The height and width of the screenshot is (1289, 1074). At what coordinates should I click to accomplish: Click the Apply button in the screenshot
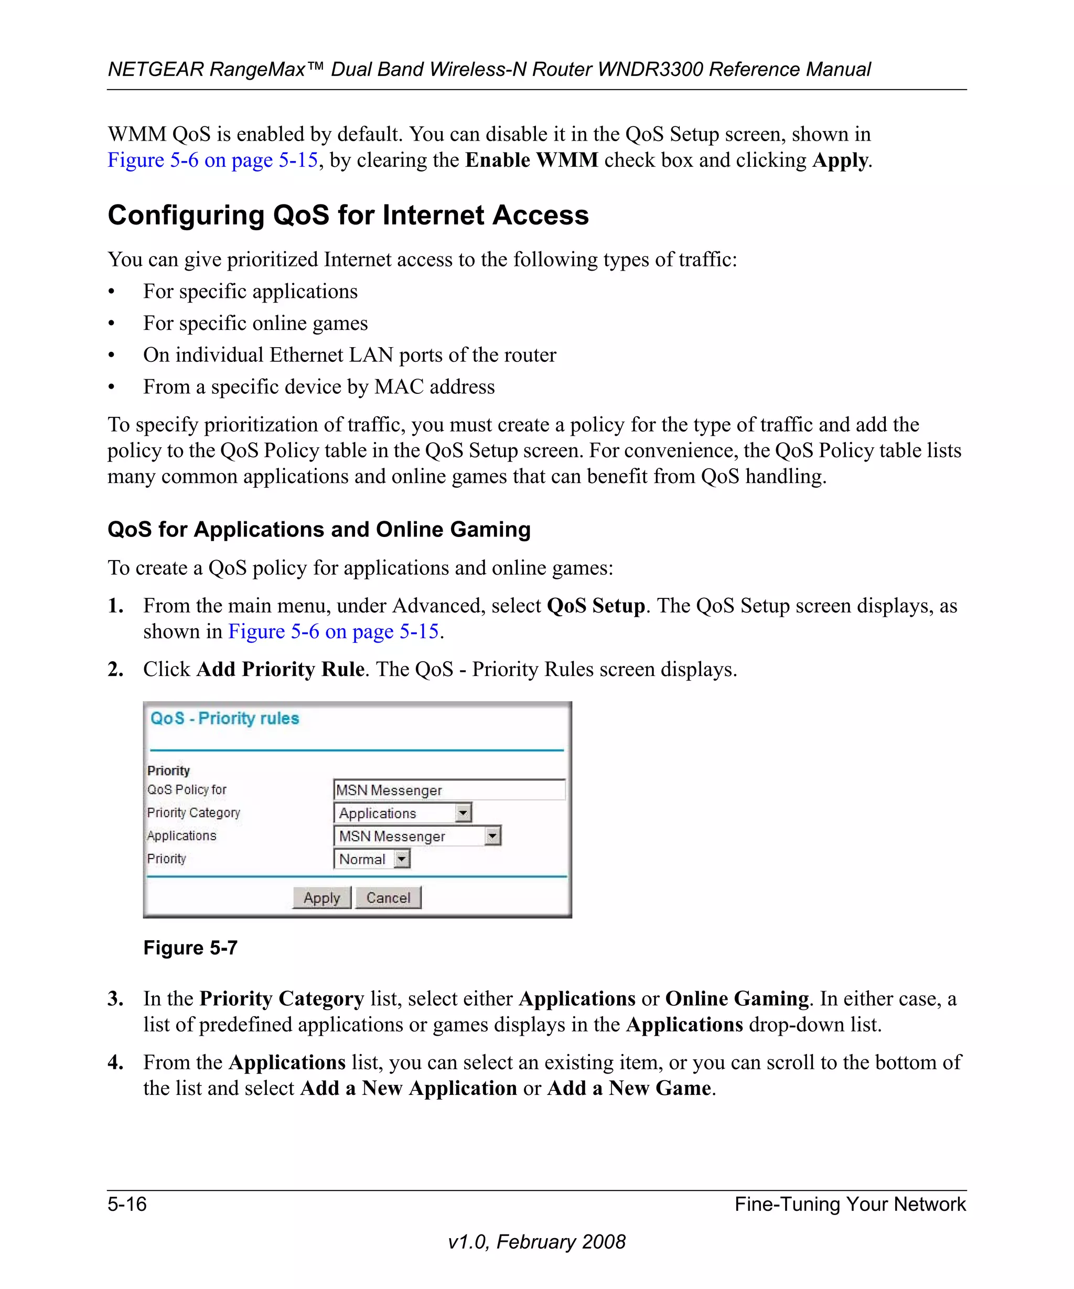[321, 897]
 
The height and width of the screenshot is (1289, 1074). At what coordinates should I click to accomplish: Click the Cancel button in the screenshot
[388, 897]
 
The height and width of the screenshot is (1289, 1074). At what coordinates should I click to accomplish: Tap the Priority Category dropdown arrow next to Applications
[464, 813]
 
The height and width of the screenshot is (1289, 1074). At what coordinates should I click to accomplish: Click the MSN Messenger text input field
[448, 790]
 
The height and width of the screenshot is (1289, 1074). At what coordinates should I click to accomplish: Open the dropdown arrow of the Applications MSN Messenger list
[492, 836]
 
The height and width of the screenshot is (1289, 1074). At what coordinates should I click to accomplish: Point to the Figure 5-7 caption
[190, 948]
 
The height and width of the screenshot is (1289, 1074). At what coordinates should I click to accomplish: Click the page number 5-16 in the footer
[127, 1204]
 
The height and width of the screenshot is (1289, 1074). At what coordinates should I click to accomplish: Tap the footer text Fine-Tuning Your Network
[850, 1204]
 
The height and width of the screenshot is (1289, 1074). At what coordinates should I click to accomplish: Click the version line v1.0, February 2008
[536, 1242]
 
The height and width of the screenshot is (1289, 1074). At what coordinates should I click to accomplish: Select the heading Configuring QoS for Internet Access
[348, 216]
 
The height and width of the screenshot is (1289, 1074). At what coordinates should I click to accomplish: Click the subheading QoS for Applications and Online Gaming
[318, 529]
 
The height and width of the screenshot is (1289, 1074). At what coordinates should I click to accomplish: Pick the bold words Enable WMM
[531, 160]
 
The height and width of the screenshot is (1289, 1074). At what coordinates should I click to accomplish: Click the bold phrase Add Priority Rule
[281, 669]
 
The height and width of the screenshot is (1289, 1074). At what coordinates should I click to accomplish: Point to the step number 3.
[115, 998]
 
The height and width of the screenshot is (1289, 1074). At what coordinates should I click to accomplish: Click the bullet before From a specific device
[111, 388]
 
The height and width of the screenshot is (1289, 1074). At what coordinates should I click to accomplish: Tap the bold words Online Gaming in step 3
[736, 998]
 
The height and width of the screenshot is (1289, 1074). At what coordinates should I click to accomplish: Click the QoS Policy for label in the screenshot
[187, 790]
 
